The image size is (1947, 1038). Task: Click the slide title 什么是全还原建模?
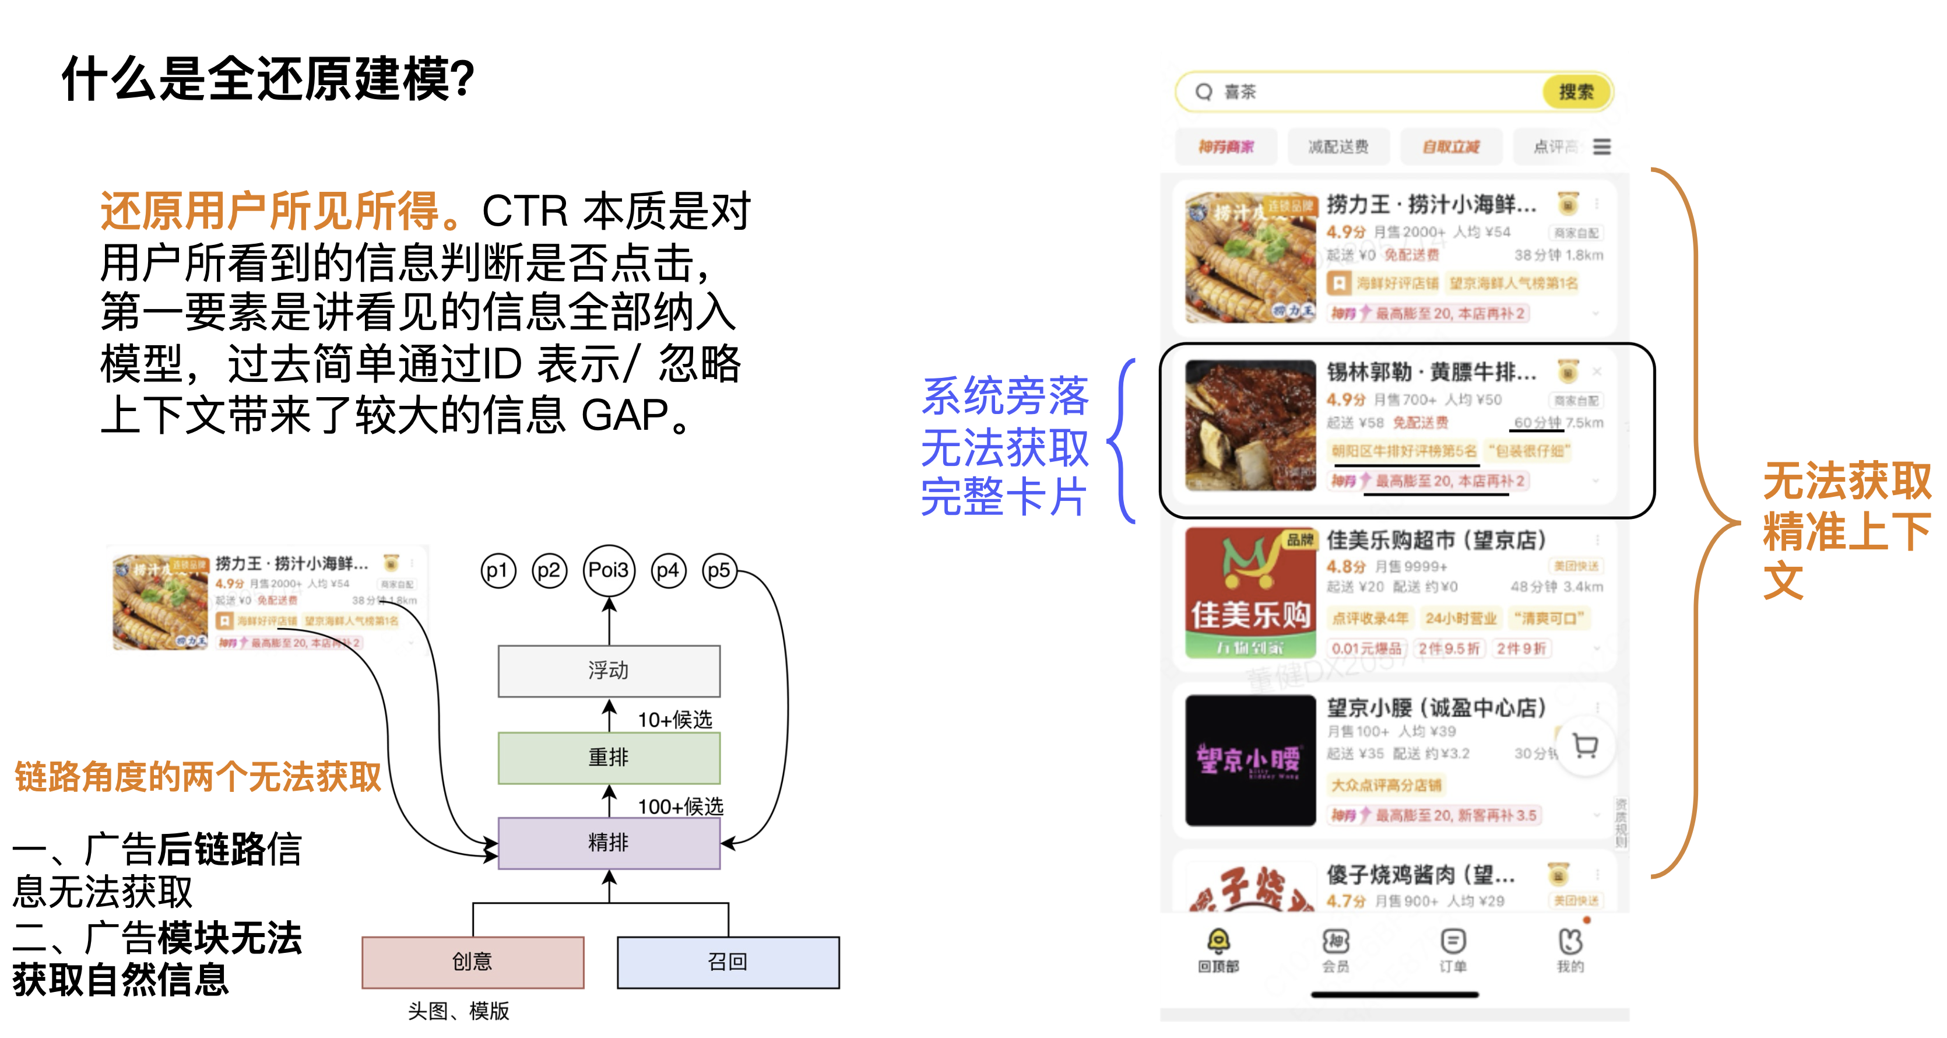point(268,79)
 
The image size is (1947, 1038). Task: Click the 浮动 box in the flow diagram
point(609,671)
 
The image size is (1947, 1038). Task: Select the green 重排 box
point(609,758)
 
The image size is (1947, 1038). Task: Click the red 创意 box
point(472,962)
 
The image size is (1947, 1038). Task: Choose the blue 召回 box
point(728,962)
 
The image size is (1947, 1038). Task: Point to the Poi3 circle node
point(609,570)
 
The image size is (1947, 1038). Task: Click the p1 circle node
point(497,571)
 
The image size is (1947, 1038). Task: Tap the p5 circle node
point(719,571)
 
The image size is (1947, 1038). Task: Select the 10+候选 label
point(675,720)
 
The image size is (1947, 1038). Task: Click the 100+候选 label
point(680,806)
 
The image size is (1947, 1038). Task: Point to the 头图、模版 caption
point(458,1011)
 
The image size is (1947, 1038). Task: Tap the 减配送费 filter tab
point(1338,147)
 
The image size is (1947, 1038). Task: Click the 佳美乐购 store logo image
point(1250,592)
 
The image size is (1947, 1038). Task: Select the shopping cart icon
point(1585,746)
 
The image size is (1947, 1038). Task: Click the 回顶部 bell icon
point(1218,942)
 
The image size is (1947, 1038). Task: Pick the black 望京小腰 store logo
point(1250,760)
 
